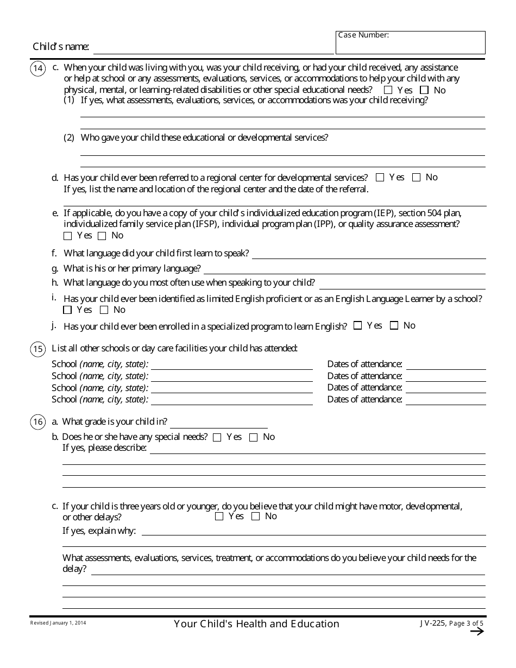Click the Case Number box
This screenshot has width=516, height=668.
410,43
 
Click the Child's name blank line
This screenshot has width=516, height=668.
213,48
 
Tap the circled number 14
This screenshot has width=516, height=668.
38,68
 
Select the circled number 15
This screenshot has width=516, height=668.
38,349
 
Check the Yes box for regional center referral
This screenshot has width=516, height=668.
380,178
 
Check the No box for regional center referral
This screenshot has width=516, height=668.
417,178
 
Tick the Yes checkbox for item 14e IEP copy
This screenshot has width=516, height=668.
68,236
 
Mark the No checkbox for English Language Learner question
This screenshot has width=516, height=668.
104,310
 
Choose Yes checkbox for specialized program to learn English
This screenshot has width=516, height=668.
357,326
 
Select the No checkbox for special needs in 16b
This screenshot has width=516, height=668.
253,438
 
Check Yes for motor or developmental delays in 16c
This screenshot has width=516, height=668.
219,517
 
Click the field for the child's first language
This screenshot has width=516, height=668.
369,254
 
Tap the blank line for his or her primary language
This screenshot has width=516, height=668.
344,269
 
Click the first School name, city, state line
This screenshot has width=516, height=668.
232,365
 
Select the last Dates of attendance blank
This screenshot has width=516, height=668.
446,400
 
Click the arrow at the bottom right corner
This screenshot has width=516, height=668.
476,631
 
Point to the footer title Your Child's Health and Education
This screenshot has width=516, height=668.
256,624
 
